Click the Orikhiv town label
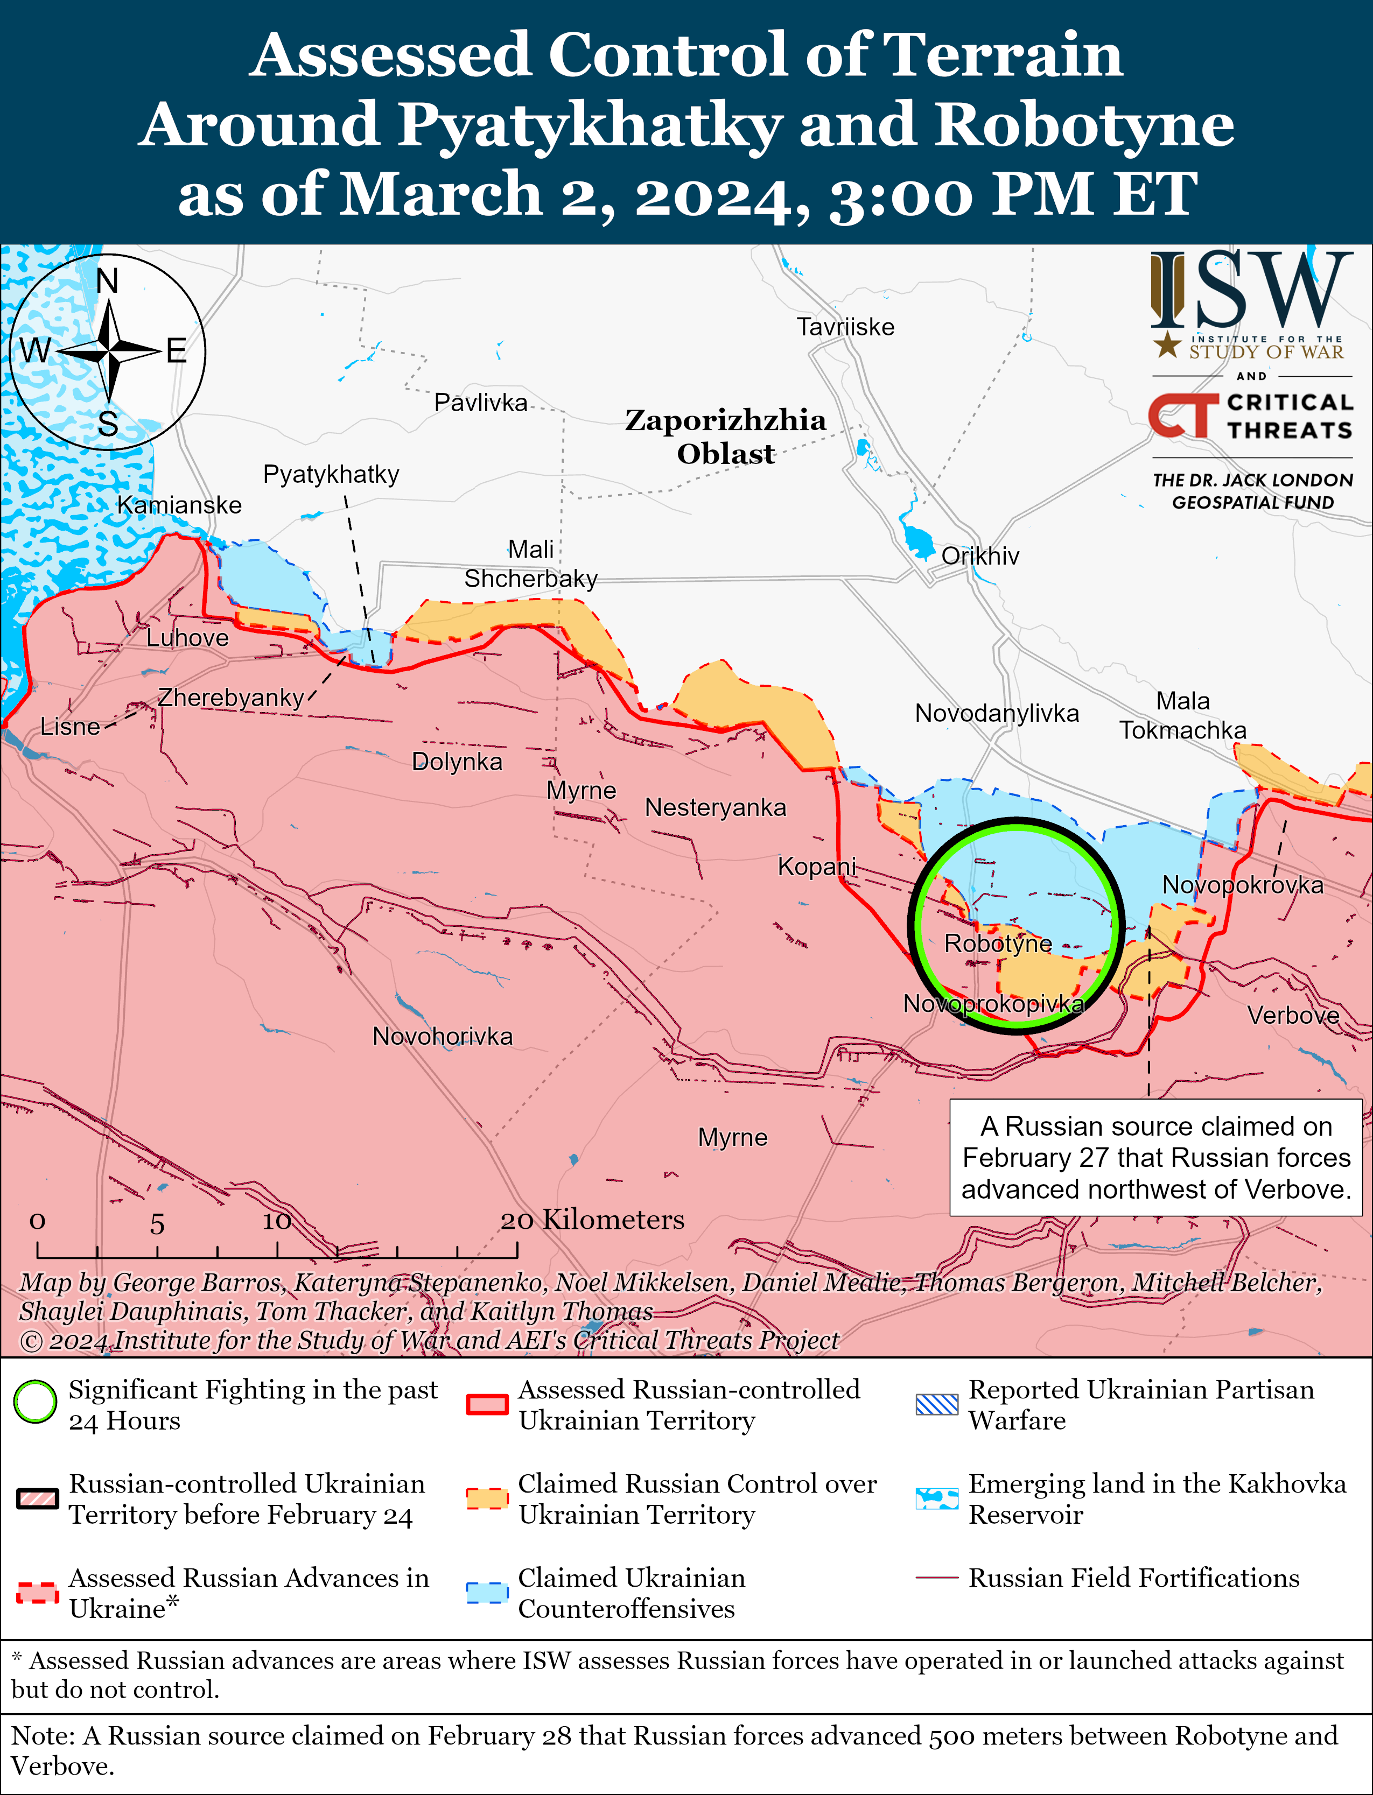pos(980,557)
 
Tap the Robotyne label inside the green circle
pos(998,944)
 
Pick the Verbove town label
pos(1293,1016)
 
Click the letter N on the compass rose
pos(107,282)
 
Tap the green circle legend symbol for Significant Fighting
pos(35,1402)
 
